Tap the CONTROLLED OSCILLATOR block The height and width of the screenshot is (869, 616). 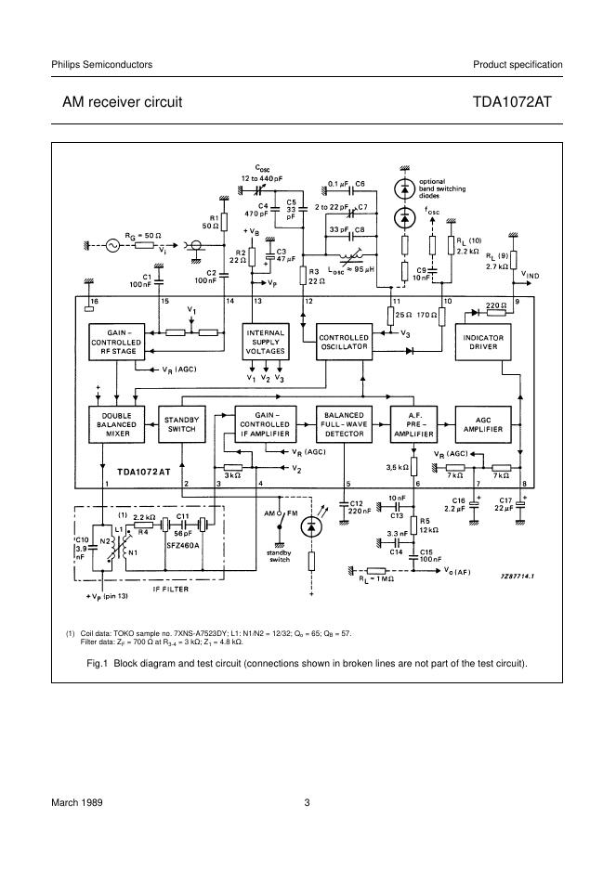tap(344, 343)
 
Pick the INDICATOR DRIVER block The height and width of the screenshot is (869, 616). tap(482, 343)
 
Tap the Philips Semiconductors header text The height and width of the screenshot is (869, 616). tap(102, 64)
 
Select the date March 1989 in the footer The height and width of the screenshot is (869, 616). tap(77, 803)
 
